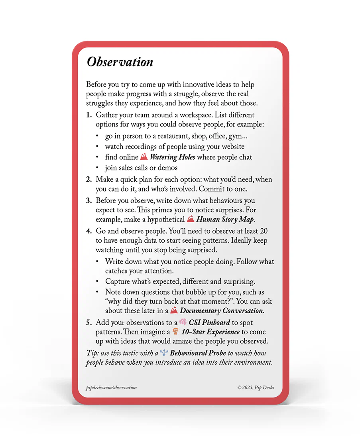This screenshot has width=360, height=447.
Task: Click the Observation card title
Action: tap(120, 62)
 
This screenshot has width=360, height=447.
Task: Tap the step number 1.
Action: tap(89, 115)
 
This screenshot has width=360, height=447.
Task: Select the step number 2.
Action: tap(89, 180)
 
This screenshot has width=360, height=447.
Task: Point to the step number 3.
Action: tap(89, 200)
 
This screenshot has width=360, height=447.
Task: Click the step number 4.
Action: tap(89, 231)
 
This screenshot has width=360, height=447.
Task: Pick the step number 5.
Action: tap(89, 322)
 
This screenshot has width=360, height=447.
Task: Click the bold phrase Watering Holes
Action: tap(172, 157)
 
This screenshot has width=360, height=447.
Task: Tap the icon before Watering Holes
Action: tap(144, 157)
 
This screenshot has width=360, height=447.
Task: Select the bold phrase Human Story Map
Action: tap(225, 220)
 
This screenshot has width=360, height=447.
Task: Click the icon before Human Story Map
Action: tap(191, 219)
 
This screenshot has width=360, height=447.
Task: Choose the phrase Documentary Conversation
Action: tap(222, 311)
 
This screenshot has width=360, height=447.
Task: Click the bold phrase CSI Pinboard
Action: tap(209, 322)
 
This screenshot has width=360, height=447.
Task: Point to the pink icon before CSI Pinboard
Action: tap(183, 322)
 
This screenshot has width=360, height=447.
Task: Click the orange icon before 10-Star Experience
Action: tap(175, 332)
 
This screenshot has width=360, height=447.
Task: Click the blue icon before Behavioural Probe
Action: tap(164, 353)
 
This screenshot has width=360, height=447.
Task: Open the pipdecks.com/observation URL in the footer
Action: tap(111, 388)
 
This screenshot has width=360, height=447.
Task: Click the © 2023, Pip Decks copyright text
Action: tap(256, 388)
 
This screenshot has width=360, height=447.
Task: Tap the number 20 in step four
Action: tap(263, 231)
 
